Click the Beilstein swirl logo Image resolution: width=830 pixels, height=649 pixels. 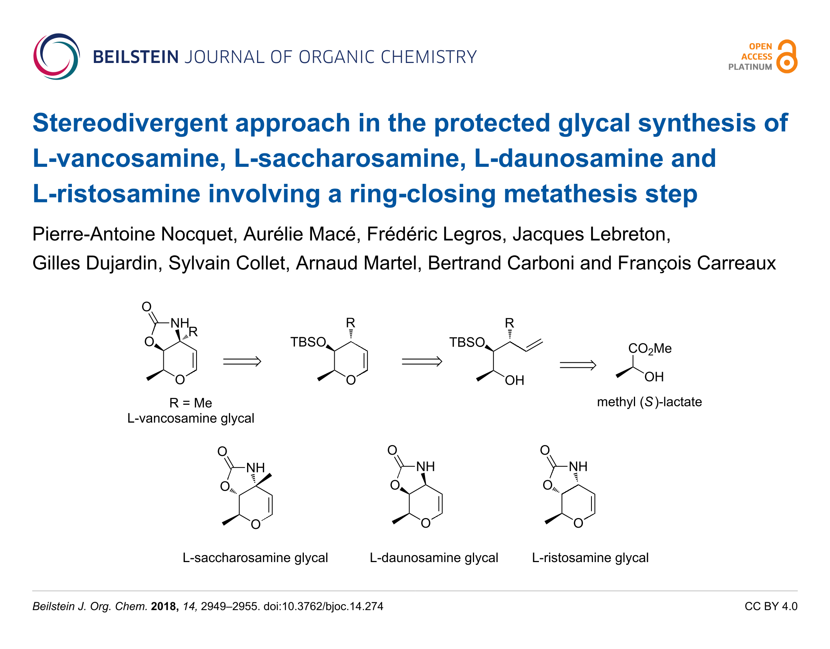click(x=56, y=56)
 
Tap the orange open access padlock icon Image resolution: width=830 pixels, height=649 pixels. click(x=787, y=56)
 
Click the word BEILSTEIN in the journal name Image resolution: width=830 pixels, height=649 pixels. click(x=136, y=57)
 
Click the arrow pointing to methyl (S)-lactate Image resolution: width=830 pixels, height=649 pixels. click(x=578, y=365)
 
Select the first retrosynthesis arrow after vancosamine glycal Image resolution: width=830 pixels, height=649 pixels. click(x=242, y=362)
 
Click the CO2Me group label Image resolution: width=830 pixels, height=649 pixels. click(x=650, y=349)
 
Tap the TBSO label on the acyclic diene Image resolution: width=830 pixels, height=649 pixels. click(x=467, y=342)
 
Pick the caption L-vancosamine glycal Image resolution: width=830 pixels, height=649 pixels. click(x=191, y=418)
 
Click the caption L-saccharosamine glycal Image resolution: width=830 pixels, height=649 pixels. click(x=255, y=558)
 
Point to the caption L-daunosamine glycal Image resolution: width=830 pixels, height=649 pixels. click(x=434, y=558)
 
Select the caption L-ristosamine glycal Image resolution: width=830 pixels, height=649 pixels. click(x=590, y=558)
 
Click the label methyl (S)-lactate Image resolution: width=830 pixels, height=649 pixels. click(x=649, y=402)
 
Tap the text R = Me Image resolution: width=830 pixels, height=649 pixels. click(x=191, y=403)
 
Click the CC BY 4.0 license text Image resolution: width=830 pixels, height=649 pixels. click(x=771, y=607)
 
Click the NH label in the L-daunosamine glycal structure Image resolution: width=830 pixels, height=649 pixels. click(x=425, y=466)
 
